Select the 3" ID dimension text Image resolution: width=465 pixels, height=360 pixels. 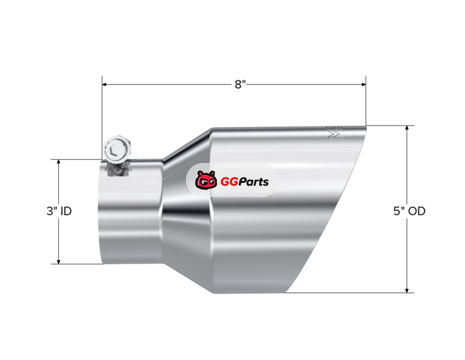[59, 211]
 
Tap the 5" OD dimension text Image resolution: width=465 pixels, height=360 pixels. [409, 211]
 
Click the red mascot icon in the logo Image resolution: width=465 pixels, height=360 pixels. [206, 180]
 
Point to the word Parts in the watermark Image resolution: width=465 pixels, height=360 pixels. [253, 181]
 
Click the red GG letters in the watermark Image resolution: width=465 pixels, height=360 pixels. [229, 181]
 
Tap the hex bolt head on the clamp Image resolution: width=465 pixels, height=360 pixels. [117, 148]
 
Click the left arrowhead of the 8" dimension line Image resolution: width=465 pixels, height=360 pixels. [105, 84]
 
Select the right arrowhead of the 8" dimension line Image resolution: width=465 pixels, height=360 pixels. [364, 84]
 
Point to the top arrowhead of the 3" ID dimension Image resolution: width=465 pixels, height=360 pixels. [59, 162]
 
